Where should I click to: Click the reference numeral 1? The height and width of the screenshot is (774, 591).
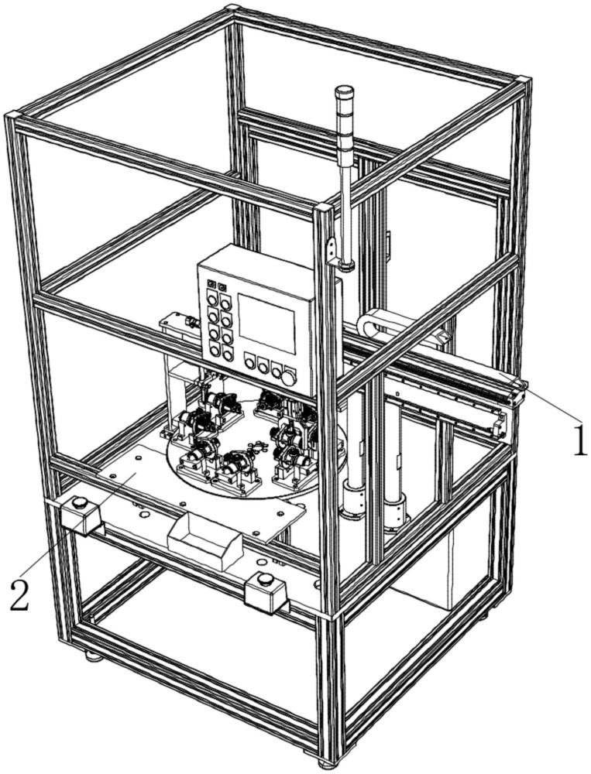pyautogui.click(x=579, y=439)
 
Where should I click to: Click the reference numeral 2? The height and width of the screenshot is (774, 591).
pyautogui.click(x=20, y=595)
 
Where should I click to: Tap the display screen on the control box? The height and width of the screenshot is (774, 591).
pyautogui.click(x=266, y=324)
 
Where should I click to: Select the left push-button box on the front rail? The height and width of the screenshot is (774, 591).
pyautogui.click(x=81, y=514)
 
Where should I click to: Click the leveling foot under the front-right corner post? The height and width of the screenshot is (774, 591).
pyautogui.click(x=325, y=762)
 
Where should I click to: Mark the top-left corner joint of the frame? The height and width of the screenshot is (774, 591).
pyautogui.click(x=12, y=117)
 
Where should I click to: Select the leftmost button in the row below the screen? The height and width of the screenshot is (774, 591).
pyautogui.click(x=250, y=361)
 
